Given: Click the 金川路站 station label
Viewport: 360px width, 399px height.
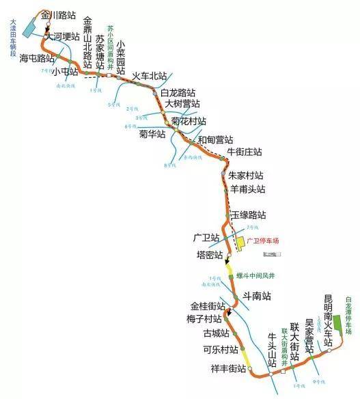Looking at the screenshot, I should point(59,14).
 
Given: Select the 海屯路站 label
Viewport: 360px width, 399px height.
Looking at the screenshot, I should point(38,59).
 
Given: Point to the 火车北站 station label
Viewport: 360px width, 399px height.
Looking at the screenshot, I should point(150,75).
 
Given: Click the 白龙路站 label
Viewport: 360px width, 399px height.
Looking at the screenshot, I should point(178,92).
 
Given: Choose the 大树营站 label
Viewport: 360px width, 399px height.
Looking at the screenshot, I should point(182,104).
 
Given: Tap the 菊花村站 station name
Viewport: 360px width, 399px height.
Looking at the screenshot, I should point(189,121).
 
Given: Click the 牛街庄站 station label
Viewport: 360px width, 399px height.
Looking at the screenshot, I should point(245,151).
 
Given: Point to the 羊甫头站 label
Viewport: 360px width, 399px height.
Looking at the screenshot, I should point(247,189).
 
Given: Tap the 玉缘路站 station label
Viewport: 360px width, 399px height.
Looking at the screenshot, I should point(248,214).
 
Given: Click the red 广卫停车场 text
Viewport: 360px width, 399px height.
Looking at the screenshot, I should point(263,241).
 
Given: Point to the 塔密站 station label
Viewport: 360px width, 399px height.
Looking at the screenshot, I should point(210,255).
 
